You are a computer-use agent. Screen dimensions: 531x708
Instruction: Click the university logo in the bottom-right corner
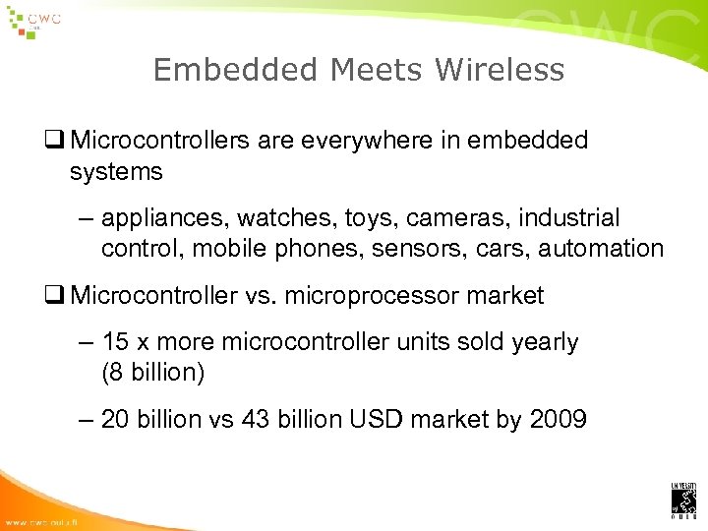coord(683,500)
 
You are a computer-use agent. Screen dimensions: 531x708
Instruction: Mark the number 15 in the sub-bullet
coord(115,342)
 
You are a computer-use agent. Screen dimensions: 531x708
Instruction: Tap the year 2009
coord(559,420)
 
